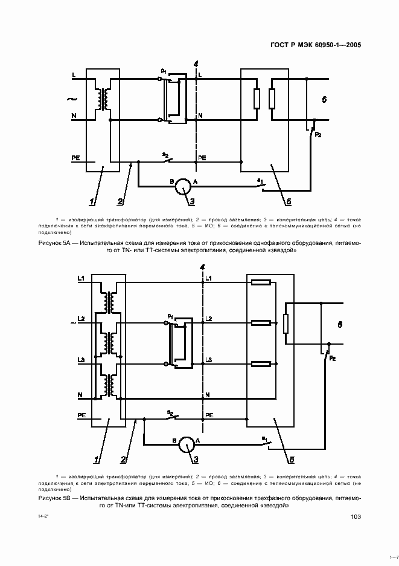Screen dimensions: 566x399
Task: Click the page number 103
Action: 355,516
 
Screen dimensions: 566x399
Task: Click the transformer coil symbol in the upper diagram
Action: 104,100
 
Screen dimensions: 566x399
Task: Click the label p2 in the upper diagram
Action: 318,134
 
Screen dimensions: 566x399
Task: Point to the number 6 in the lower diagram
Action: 340,325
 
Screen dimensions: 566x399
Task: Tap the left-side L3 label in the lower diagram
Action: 81,361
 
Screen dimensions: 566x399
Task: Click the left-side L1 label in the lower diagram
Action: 81,278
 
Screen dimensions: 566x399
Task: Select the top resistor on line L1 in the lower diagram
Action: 261,282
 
